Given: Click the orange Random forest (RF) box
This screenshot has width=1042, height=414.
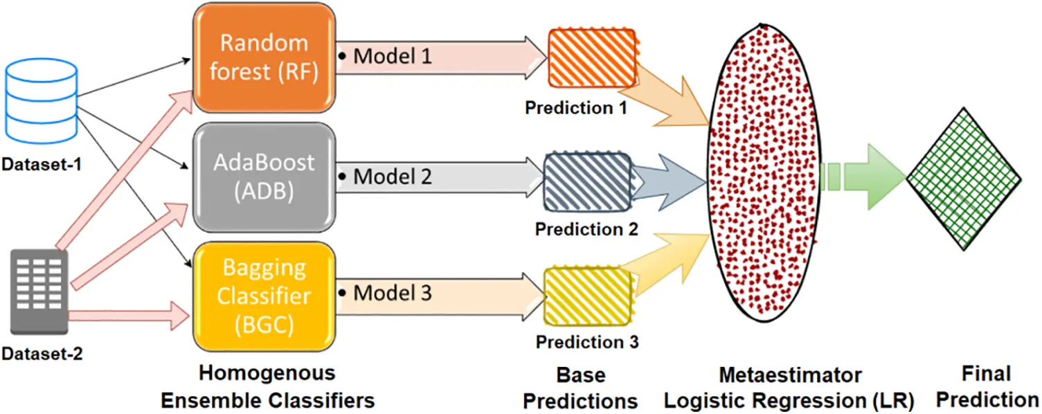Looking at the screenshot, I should (264, 58).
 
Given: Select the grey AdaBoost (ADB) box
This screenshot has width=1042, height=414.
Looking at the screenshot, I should (264, 177).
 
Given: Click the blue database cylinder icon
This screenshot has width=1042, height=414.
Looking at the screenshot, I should (41, 101).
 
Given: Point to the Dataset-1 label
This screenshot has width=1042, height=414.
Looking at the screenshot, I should (41, 166).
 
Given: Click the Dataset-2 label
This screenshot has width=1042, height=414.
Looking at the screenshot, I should (42, 355).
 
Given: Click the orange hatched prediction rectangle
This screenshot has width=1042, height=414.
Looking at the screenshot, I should (592, 57).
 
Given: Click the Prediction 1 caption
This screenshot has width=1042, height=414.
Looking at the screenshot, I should (576, 108).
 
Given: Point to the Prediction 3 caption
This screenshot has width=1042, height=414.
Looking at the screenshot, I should (587, 342).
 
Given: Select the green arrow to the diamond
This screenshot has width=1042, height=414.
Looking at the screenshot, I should (865, 177).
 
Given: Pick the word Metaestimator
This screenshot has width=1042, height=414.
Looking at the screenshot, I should (789, 376).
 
